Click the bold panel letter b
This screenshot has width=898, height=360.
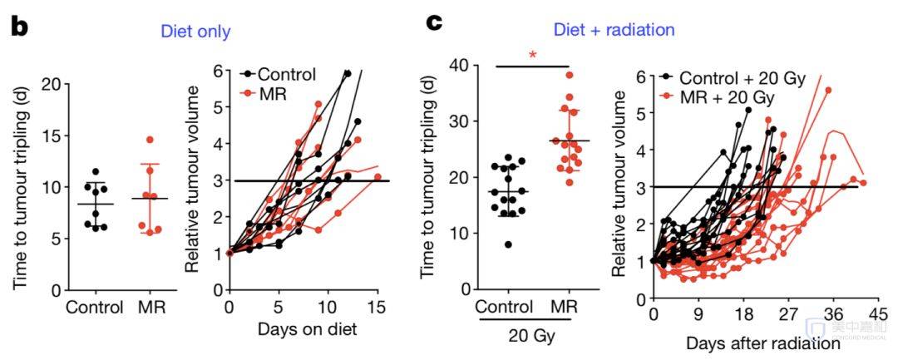(19, 26)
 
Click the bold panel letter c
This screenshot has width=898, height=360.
(433, 22)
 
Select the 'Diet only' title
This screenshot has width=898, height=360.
(196, 32)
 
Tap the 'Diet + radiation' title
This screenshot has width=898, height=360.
(616, 30)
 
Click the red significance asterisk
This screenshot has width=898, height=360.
(532, 55)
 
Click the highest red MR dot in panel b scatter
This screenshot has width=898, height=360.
(150, 140)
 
